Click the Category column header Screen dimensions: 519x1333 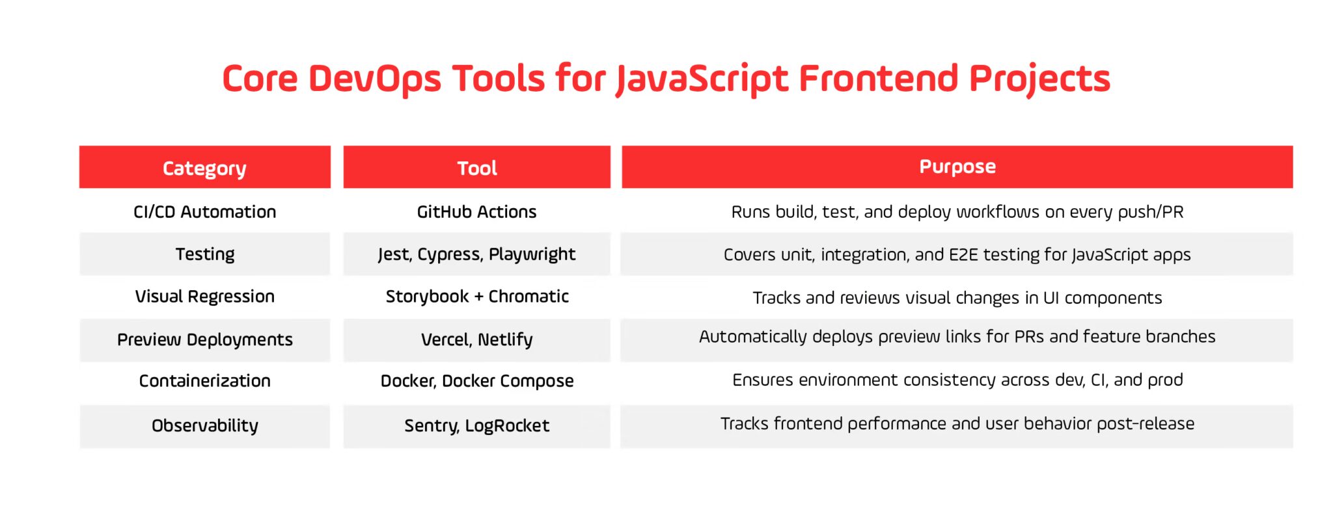coord(204,168)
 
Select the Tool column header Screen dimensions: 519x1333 coord(476,168)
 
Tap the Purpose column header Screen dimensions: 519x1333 coord(957,166)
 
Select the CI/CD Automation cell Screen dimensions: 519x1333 coord(204,211)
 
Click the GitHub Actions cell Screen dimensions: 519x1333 coord(476,211)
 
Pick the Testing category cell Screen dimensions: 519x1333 coord(204,254)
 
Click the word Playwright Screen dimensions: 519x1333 coord(532,254)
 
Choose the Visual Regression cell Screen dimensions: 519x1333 coord(204,296)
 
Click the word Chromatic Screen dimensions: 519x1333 coord(529,296)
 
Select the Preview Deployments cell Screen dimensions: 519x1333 coord(204,339)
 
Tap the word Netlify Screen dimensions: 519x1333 coord(505,339)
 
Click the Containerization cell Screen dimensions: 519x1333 coord(204,380)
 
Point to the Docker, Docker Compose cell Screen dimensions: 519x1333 coord(476,380)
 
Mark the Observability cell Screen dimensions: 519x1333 coord(204,425)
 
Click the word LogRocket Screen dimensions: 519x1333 coord(507,425)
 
